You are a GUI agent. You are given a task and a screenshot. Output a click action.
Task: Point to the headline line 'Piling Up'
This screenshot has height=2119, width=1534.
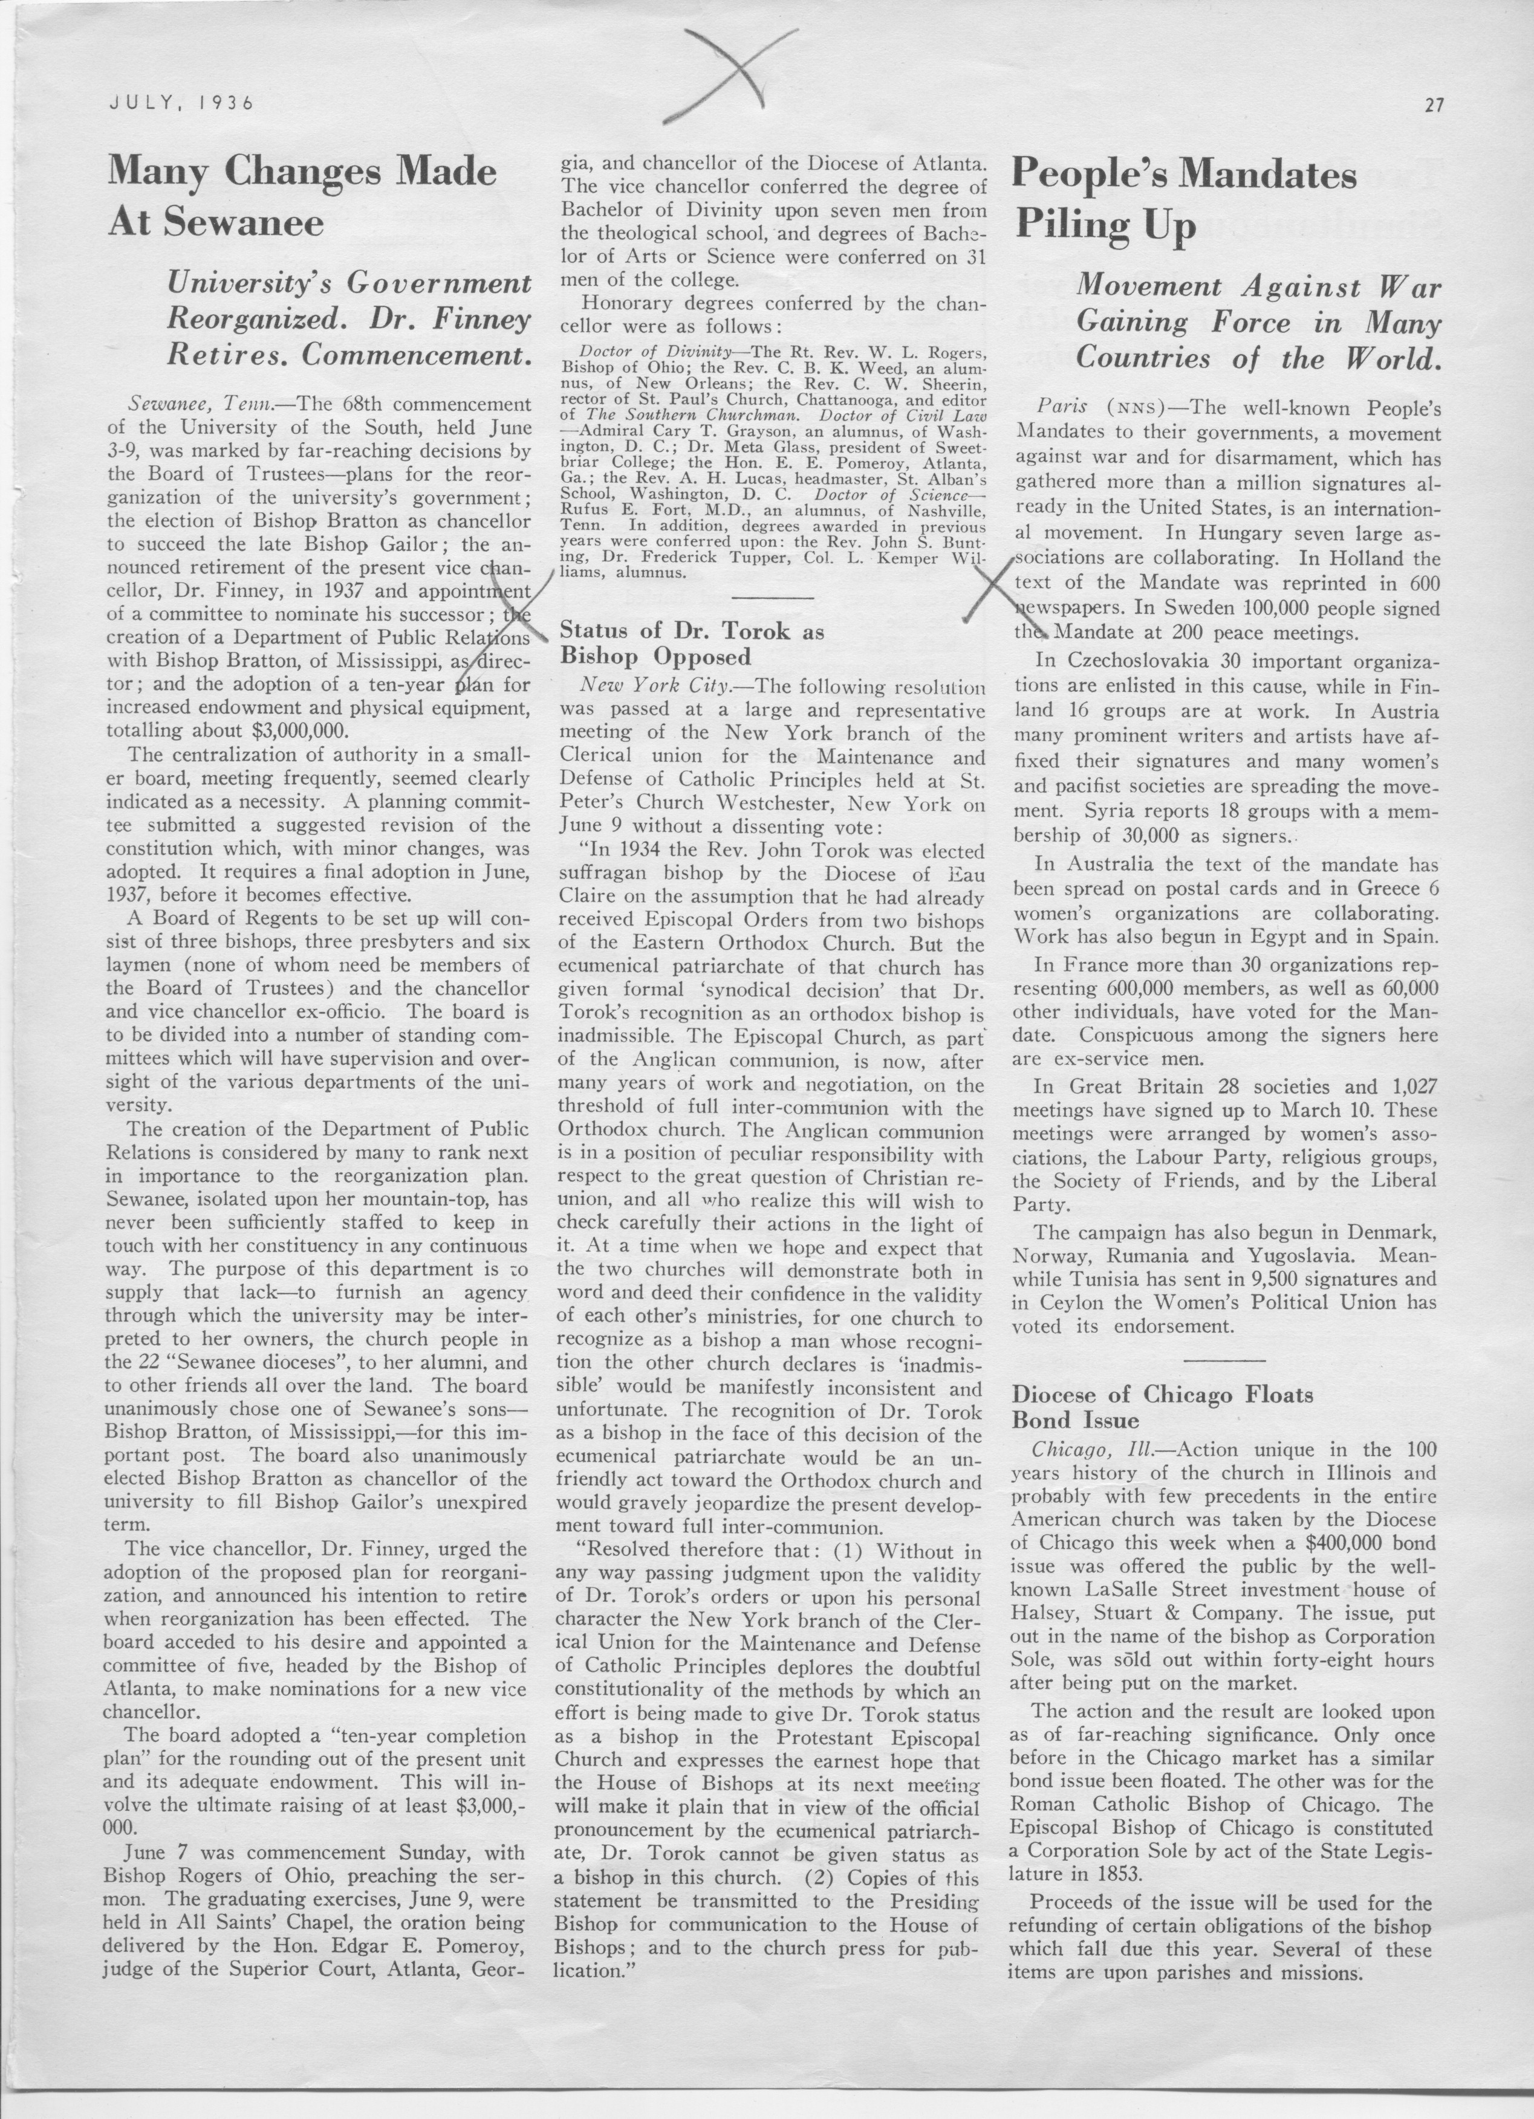1104,227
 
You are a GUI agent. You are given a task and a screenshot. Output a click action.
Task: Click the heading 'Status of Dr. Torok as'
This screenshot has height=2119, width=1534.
691,631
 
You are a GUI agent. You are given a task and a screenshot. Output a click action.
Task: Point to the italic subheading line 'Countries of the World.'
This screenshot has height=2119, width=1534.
1258,359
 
